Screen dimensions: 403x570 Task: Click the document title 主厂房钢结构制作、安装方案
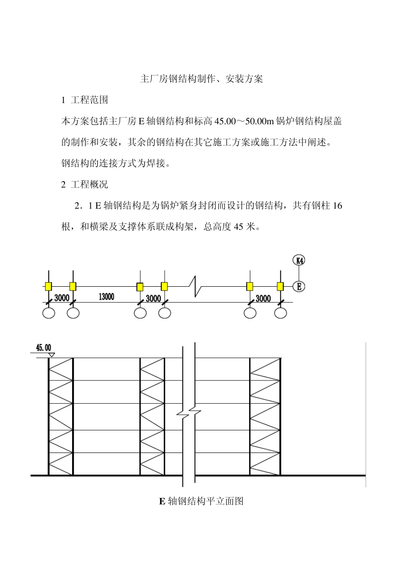coord(201,79)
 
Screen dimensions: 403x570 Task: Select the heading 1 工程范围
coord(85,100)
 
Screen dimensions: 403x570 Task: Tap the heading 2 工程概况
coord(85,184)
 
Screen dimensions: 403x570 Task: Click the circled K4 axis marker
coord(299,260)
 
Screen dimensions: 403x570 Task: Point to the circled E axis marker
coord(299,286)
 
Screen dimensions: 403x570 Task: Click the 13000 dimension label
coord(106,297)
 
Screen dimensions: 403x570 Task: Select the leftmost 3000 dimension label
coord(62,298)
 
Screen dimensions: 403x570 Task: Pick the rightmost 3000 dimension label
coord(263,298)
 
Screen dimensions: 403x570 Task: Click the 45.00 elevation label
coord(43,348)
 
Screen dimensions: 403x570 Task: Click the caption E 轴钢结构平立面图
coord(201,501)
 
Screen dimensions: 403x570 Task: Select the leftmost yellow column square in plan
coord(48,286)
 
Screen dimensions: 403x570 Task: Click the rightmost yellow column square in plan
coord(280,286)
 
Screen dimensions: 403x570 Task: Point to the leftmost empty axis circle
coord(49,313)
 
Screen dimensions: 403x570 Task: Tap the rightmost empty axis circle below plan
coord(280,313)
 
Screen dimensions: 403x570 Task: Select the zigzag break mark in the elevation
coord(189,413)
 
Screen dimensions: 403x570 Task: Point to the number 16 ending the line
coord(337,206)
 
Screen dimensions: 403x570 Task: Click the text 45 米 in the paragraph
coord(245,227)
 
